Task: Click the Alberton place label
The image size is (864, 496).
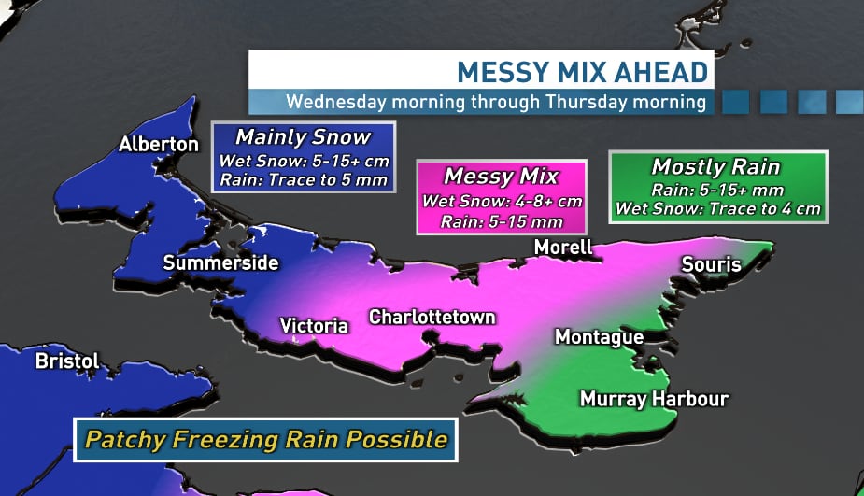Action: (x=159, y=144)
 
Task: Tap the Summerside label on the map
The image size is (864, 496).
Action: (x=220, y=263)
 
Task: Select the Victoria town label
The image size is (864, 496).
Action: (x=314, y=326)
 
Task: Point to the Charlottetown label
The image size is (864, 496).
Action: (x=432, y=317)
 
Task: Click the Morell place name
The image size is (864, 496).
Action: (x=563, y=248)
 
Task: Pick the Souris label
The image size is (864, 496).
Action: (x=711, y=264)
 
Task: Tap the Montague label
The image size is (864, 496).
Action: (x=599, y=337)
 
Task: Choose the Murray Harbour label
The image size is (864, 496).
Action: (x=654, y=399)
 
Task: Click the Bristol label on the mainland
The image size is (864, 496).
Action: (x=66, y=361)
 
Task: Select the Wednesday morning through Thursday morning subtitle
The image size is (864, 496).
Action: (x=496, y=102)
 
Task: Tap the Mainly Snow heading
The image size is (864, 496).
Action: (x=303, y=137)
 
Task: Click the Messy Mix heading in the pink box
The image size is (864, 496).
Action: (x=501, y=176)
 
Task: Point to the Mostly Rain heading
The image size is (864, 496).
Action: (x=715, y=167)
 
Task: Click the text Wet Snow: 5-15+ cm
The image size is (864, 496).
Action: (x=304, y=161)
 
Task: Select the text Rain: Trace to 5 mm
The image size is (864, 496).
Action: (x=304, y=179)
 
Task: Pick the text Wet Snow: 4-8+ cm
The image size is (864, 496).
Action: (x=501, y=200)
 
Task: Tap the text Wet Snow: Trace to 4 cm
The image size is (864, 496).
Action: (x=717, y=208)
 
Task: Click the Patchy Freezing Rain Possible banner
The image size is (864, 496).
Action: (x=265, y=439)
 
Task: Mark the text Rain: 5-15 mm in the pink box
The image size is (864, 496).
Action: (x=501, y=220)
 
